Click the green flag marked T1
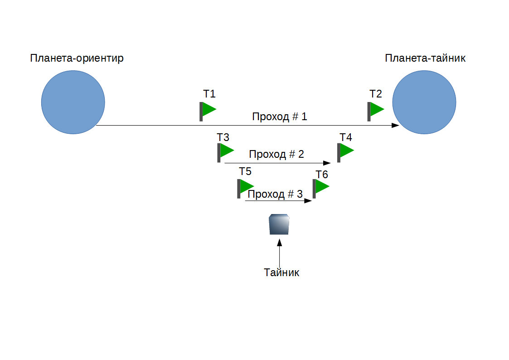pos(208,110)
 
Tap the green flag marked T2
pos(376,110)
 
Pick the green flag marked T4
pos(346,151)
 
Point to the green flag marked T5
pos(245,187)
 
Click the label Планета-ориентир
pos(77,58)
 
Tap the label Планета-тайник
pos(425,58)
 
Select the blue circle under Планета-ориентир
pos(73,102)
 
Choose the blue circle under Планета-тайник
pos(424,102)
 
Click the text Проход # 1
pos(280,117)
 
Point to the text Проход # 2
pos(276,154)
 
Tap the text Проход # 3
pos(275,194)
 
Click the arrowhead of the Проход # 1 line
pos(396,125)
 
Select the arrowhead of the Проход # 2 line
pos(327,163)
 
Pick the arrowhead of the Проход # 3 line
pos(309,200)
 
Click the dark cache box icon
pos(279,224)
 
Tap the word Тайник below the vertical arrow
pos(281,272)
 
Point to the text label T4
pos(346,137)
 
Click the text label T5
pos(245,171)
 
